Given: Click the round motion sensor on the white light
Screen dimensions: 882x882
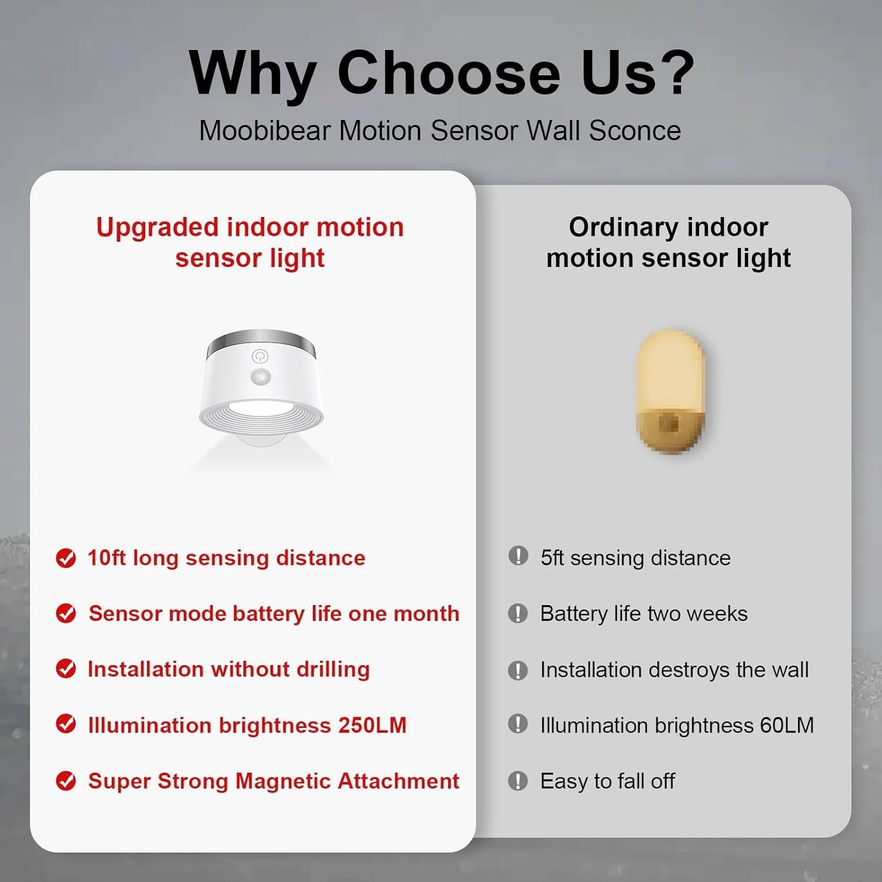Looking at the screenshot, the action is [260, 377].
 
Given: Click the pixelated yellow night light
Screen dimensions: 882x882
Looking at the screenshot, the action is [670, 393].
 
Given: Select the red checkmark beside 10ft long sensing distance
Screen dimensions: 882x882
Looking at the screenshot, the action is [66, 558].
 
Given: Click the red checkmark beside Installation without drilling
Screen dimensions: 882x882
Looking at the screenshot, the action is [66, 669].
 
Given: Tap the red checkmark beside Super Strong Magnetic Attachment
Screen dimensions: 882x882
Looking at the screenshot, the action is [66, 781].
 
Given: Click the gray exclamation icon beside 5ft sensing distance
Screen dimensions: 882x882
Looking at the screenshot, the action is [518, 556].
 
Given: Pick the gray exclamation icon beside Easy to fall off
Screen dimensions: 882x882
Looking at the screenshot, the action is [518, 781].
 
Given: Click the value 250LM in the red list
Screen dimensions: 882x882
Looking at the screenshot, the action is [372, 725].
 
